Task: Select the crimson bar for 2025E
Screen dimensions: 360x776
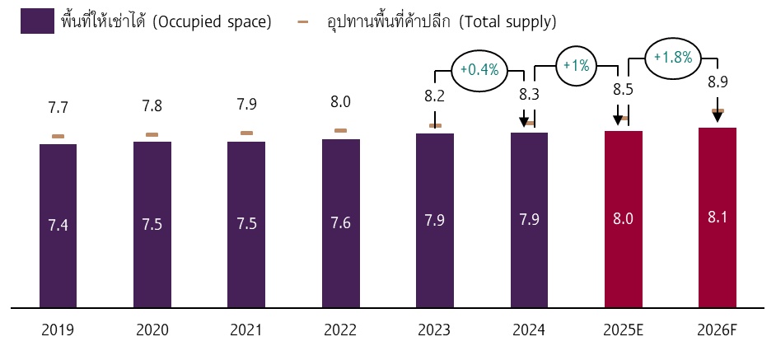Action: [623, 218]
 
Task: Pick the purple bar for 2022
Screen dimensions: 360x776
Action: [340, 222]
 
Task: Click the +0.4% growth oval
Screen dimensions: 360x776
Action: [480, 69]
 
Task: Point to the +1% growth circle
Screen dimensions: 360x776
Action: [577, 65]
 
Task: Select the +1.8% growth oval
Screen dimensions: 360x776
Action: [673, 58]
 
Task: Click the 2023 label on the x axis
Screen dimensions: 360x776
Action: [434, 330]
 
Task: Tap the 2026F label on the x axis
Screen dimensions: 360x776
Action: [717, 330]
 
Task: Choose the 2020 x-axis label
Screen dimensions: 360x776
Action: [152, 330]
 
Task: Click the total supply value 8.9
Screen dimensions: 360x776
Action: [718, 82]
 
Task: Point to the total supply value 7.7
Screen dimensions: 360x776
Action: [58, 107]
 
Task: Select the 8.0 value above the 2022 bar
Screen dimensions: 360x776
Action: [340, 101]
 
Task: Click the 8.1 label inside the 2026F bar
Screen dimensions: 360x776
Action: [717, 217]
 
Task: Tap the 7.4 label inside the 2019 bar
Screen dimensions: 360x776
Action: [58, 225]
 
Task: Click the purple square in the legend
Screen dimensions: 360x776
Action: [38, 21]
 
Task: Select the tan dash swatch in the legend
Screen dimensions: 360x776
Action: [302, 21]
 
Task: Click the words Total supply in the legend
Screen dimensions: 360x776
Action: [510, 21]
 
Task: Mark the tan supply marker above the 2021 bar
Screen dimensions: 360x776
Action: [246, 133]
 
